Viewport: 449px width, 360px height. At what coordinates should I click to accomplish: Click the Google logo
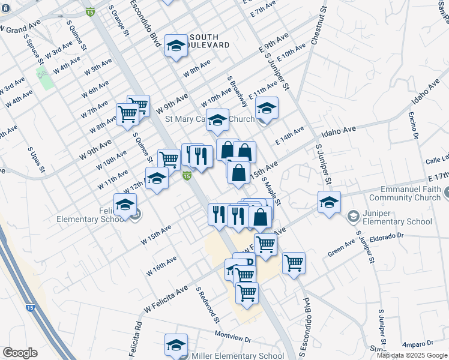tap(20, 353)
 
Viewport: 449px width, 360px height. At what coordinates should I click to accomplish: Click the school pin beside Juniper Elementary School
tap(329, 202)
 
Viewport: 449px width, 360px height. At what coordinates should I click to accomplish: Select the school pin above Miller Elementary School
tap(176, 344)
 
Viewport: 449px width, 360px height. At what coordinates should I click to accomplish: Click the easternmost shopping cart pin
tap(294, 262)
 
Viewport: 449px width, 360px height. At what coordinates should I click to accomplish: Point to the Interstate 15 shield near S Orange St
tap(90, 12)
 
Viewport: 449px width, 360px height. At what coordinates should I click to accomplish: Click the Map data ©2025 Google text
tap(412, 355)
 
